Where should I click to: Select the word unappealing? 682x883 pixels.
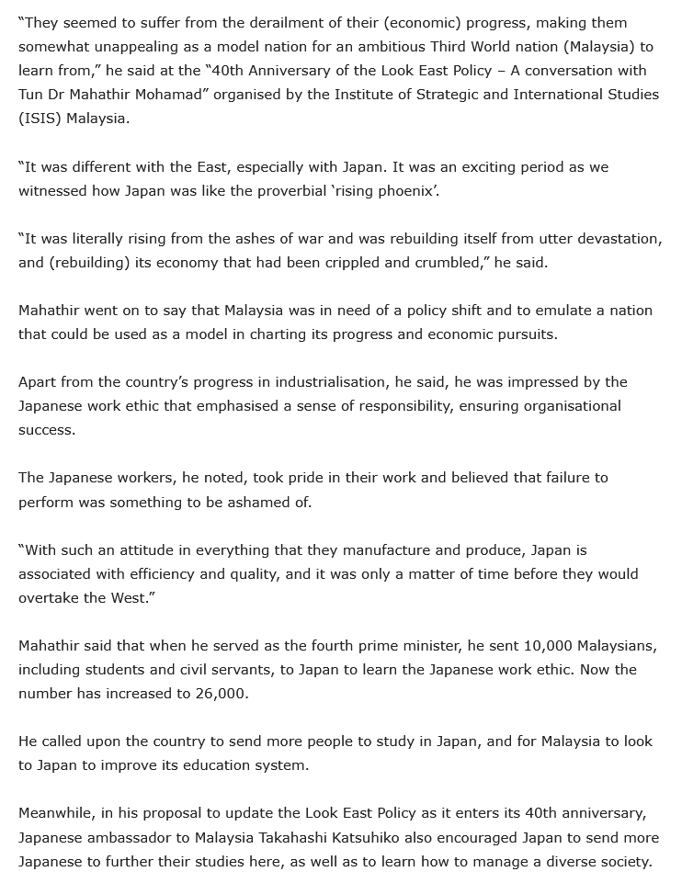click(132, 47)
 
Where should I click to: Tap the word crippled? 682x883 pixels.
click(389, 262)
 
